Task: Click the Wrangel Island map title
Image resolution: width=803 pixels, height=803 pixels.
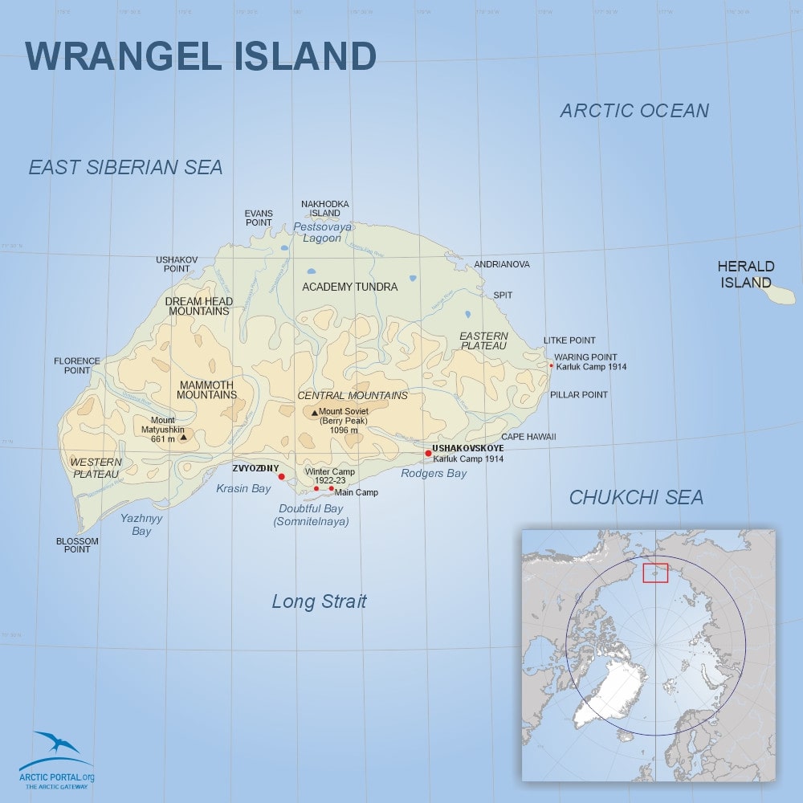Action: point(201,56)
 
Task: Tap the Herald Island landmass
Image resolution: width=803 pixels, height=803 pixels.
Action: point(777,294)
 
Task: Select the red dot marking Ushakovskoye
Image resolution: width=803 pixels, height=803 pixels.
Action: point(428,454)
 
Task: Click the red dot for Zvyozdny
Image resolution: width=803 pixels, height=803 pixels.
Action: point(281,477)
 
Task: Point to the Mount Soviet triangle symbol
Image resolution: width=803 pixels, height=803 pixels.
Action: point(314,413)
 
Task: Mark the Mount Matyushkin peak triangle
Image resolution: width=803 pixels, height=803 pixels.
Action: point(184,438)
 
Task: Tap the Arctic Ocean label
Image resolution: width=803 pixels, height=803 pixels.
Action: point(634,111)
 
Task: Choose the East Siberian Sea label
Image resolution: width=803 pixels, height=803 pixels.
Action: point(125,167)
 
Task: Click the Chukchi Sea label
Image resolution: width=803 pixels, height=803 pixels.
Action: point(636,498)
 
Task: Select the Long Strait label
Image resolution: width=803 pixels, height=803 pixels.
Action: point(319,601)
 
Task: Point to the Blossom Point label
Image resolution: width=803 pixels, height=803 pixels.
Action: point(78,545)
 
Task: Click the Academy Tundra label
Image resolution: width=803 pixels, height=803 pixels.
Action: point(349,287)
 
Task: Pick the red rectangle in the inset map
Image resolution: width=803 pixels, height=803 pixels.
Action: point(655,573)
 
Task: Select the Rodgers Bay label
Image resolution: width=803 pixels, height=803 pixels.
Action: point(434,474)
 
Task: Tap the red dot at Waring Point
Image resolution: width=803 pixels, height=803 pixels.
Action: point(551,365)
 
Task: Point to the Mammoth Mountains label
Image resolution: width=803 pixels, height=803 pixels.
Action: point(206,389)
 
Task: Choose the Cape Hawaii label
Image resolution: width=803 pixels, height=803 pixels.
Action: point(528,437)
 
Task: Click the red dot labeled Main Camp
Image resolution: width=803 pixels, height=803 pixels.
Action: point(331,488)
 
